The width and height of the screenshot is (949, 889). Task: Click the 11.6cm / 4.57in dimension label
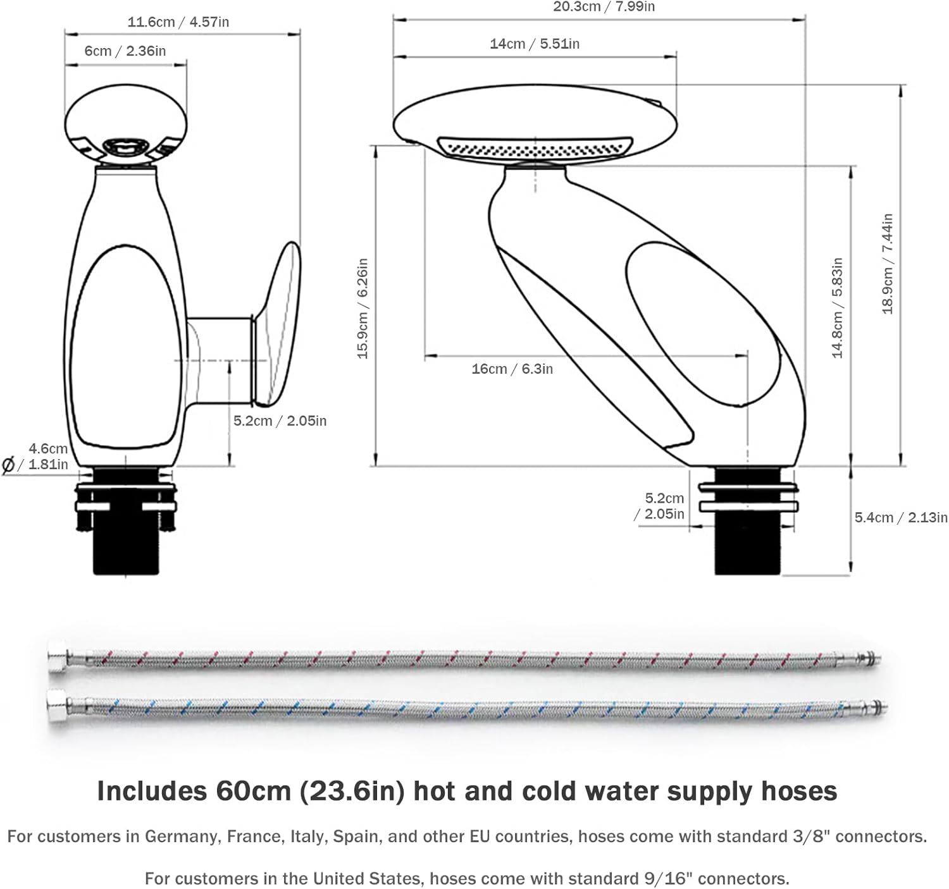[x=178, y=22]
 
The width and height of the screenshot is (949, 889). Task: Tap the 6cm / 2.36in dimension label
[x=125, y=51]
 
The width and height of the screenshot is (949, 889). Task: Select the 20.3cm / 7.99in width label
[x=604, y=7]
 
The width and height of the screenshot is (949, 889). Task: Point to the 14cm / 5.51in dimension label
[x=534, y=44]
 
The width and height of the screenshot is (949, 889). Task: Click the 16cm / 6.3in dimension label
[x=512, y=369]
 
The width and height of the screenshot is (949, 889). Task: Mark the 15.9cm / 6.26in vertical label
[x=363, y=308]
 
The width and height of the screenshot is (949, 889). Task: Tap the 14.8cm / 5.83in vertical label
[x=838, y=308]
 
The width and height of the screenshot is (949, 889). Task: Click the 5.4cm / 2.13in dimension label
[x=900, y=517]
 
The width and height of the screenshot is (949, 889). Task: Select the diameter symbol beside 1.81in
[x=8, y=465]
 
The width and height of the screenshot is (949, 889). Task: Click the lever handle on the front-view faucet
[x=278, y=322]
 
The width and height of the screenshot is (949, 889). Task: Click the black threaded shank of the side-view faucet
[x=749, y=544]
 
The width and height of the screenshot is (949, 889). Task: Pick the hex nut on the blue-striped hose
[x=58, y=701]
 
